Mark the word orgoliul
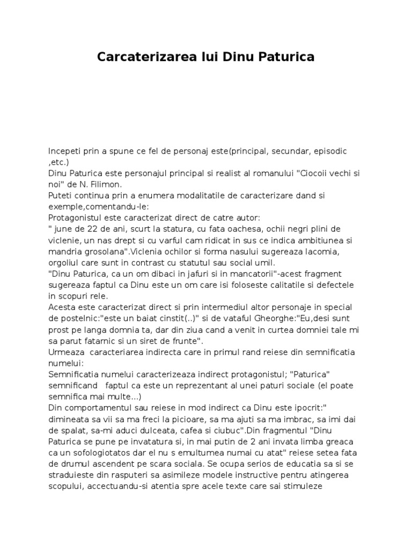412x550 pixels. pos(64,263)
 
